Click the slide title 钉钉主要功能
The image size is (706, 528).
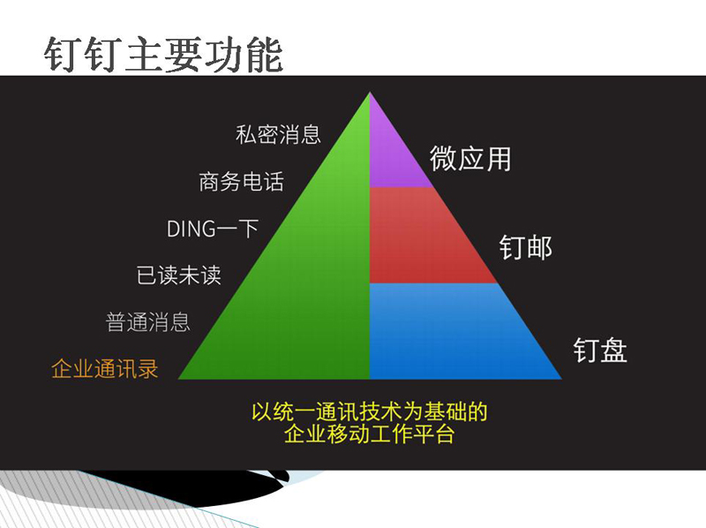coord(163,55)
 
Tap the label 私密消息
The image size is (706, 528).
coord(278,134)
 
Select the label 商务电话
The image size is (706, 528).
coord(241,182)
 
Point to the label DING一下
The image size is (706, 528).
coord(213,229)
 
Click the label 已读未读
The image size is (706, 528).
coord(179,275)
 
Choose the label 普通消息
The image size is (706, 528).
coord(147,321)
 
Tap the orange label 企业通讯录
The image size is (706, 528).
coord(104,368)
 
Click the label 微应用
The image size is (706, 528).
coord(470,159)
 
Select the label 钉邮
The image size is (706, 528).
coord(525,247)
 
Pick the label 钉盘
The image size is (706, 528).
coord(600,350)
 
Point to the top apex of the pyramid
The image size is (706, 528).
coord(370,93)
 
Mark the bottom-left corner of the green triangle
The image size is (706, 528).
coord(178,379)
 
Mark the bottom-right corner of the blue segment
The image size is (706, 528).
coord(562,379)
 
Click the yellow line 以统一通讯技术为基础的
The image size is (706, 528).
coord(369,411)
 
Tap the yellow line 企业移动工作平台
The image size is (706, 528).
coord(369,434)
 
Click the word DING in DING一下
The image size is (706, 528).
coord(191,229)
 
